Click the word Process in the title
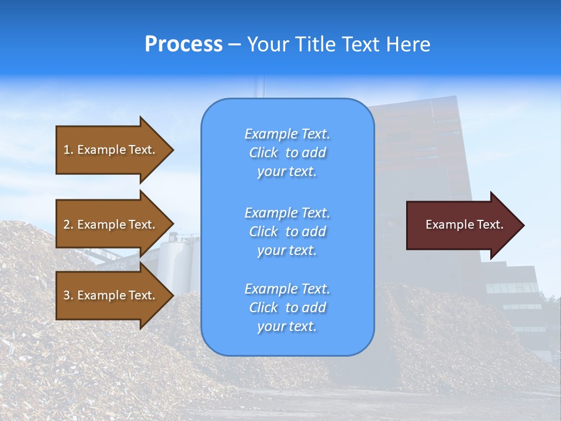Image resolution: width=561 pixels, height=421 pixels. coord(183,44)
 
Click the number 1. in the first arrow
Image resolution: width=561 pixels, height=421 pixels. coord(68,150)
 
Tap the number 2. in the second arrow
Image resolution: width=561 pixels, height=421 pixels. coord(68,225)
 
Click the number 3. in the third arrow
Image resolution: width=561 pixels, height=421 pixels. coord(68,295)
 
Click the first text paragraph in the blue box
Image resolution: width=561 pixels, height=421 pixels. coord(287,153)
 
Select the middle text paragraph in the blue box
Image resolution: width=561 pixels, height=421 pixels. coord(287,232)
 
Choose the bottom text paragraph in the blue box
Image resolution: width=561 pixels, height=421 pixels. coord(287,308)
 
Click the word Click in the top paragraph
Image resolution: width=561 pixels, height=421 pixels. coord(264,153)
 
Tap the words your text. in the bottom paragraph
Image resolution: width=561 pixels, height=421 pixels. coord(287,326)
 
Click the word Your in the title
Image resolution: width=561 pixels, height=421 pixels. coord(269,44)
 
